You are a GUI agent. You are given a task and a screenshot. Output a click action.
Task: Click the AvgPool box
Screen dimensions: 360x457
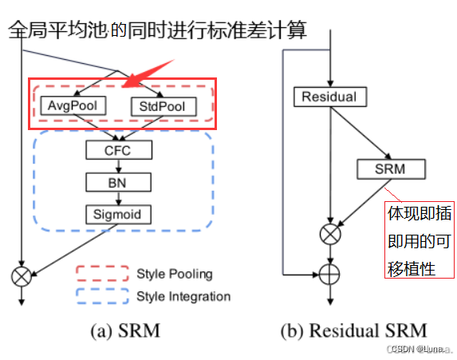click(73, 105)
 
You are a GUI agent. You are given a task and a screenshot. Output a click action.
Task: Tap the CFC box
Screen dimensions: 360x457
click(118, 149)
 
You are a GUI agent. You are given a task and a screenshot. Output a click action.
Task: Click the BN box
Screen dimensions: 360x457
click(118, 182)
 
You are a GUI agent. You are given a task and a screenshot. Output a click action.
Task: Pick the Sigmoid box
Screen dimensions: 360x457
click(118, 214)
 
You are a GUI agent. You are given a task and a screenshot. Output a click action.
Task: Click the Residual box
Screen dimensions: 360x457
click(329, 97)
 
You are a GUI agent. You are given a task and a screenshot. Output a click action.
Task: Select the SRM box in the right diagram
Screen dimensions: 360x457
click(391, 168)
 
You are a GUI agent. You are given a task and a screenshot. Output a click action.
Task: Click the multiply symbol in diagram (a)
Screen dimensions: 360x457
click(22, 276)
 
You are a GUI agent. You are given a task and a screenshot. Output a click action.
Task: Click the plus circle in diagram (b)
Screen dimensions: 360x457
click(329, 273)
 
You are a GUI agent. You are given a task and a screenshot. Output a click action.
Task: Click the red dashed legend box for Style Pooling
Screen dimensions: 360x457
click(102, 274)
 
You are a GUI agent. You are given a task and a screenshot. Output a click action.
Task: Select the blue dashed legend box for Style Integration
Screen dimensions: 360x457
click(102, 297)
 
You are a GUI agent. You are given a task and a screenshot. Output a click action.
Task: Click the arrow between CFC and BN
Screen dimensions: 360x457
click(118, 165)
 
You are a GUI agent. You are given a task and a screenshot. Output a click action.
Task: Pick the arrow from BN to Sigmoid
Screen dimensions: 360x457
click(118, 198)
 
